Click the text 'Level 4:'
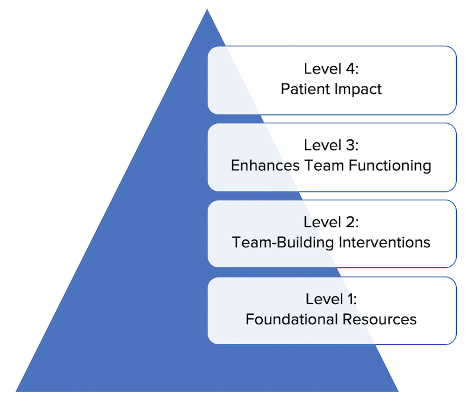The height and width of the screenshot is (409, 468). pyautogui.click(x=332, y=69)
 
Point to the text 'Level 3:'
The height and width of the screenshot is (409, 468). pyautogui.click(x=332, y=145)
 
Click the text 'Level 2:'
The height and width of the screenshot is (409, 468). pyautogui.click(x=332, y=222)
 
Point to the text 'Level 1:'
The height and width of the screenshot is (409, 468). pyautogui.click(x=332, y=299)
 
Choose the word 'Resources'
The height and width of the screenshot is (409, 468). pyautogui.click(x=380, y=319)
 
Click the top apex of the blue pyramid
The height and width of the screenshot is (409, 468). pyautogui.click(x=206, y=10)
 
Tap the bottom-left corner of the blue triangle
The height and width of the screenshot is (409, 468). pyautogui.click(x=16, y=391)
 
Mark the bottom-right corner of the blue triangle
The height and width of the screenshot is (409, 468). pyautogui.click(x=398, y=391)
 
